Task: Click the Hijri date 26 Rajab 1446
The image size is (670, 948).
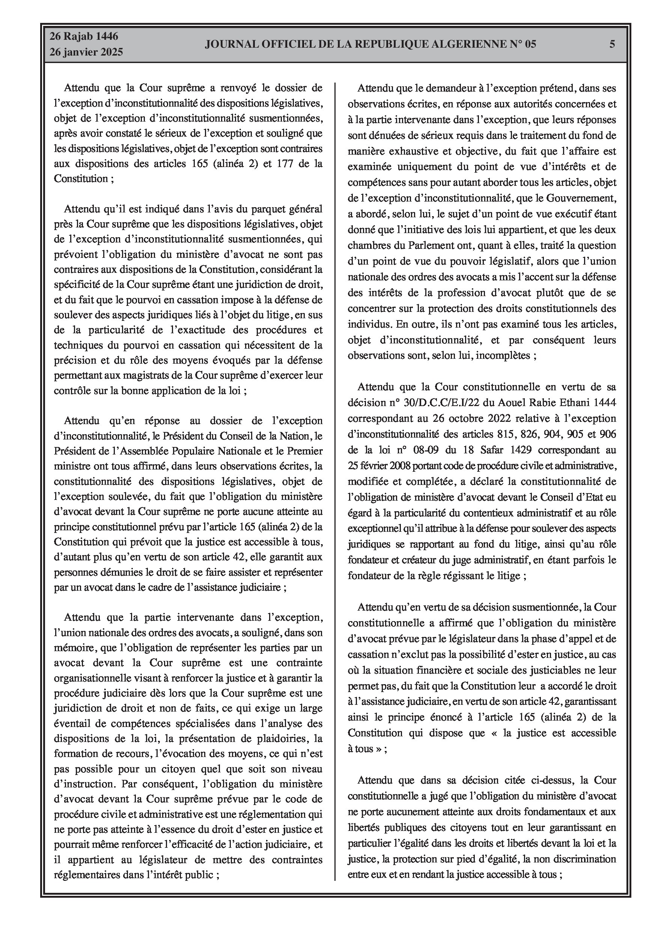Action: (84, 37)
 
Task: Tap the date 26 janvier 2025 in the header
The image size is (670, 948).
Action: (86, 53)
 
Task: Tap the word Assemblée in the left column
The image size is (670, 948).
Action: (151, 451)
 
